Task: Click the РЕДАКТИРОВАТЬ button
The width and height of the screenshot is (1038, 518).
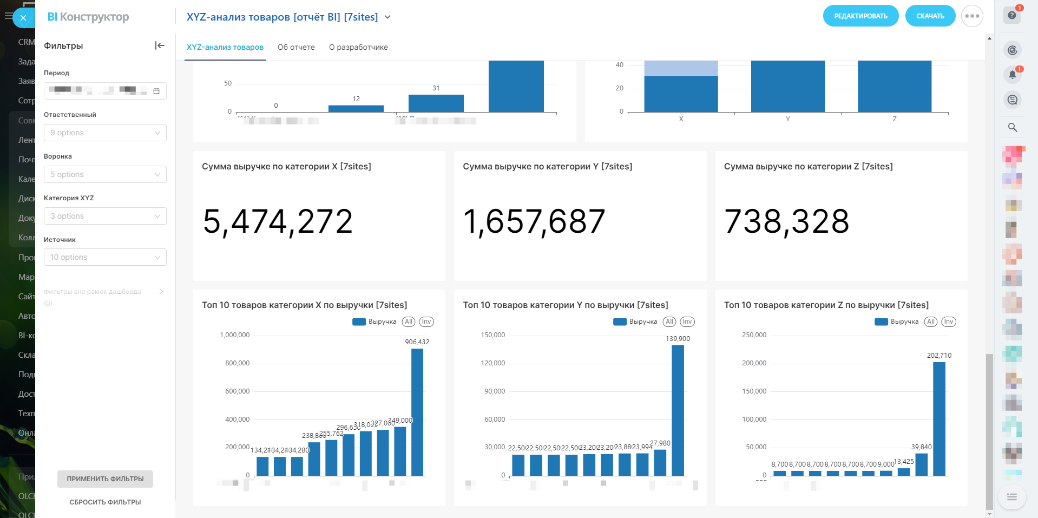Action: click(860, 16)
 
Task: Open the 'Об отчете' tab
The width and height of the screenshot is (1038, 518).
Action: click(296, 47)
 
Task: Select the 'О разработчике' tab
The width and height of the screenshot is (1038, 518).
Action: click(358, 47)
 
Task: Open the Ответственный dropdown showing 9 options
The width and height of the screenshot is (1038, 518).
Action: click(105, 133)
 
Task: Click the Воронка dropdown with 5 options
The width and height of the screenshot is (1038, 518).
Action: click(105, 174)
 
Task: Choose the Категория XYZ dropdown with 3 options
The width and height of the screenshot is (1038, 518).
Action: click(105, 216)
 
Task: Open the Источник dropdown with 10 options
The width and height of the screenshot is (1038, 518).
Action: click(105, 257)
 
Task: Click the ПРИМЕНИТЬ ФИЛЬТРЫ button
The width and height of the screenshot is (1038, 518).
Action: click(105, 479)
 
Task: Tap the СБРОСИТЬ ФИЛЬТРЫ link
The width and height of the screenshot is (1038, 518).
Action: click(105, 502)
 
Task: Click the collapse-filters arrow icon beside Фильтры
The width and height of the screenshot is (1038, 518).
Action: click(160, 45)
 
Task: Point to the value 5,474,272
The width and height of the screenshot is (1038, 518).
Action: click(278, 221)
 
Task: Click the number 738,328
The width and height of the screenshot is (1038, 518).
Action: click(786, 221)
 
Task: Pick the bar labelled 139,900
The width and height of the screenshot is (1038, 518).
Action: click(678, 410)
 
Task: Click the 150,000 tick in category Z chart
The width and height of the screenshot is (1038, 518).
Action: click(754, 391)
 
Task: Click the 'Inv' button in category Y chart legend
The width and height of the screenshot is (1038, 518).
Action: click(687, 322)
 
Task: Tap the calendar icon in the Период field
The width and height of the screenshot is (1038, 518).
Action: click(156, 91)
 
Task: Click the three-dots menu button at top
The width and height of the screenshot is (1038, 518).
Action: click(972, 16)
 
